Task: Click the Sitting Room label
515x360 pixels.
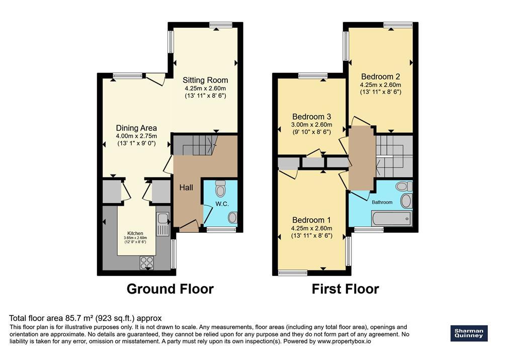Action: pyautogui.click(x=205, y=80)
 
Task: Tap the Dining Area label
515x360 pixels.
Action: pyautogui.click(x=136, y=128)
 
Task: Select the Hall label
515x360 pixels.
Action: pyautogui.click(x=186, y=188)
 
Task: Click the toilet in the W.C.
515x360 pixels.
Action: pyautogui.click(x=220, y=188)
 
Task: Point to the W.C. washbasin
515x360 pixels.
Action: pyautogui.click(x=232, y=217)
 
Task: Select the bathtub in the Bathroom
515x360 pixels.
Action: pyautogui.click(x=391, y=218)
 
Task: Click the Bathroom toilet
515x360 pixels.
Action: pyautogui.click(x=404, y=187)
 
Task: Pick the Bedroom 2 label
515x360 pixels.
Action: pyautogui.click(x=381, y=76)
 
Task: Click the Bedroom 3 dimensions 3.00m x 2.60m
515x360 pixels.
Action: pyautogui.click(x=311, y=125)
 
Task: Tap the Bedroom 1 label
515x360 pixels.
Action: pyautogui.click(x=311, y=220)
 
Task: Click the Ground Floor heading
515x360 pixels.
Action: pyautogui.click(x=170, y=289)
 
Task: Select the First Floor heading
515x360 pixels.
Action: pyautogui.click(x=345, y=289)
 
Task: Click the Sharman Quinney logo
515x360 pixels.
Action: pyautogui.click(x=469, y=333)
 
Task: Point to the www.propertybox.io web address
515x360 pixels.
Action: pyautogui.click(x=344, y=341)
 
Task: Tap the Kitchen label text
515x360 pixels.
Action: pyautogui.click(x=135, y=233)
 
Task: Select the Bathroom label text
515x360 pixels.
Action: pyautogui.click(x=382, y=202)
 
